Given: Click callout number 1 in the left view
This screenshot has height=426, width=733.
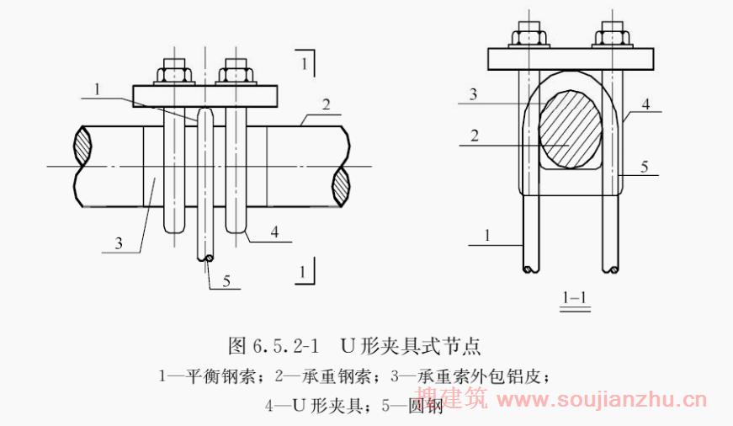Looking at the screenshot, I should pos(98,88).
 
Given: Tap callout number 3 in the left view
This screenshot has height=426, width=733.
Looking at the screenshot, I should pos(120,243).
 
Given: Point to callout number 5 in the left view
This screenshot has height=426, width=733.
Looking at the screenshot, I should pos(226,281).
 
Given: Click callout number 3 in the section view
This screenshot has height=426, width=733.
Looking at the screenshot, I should pos(473,94).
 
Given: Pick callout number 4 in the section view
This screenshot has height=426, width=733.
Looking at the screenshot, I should pos(645,104).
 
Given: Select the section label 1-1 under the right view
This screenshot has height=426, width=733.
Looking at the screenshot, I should pos(575,297).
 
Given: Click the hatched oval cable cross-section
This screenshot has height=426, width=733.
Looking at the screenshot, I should pos(571,131).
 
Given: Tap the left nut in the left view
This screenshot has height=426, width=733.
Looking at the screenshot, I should pos(175,72).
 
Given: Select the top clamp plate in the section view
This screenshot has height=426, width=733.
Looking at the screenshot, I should pos(571,58).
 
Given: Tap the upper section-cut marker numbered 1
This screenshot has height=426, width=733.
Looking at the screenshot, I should pos(304,61).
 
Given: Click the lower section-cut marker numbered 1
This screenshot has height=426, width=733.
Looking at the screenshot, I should pos(302,272).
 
